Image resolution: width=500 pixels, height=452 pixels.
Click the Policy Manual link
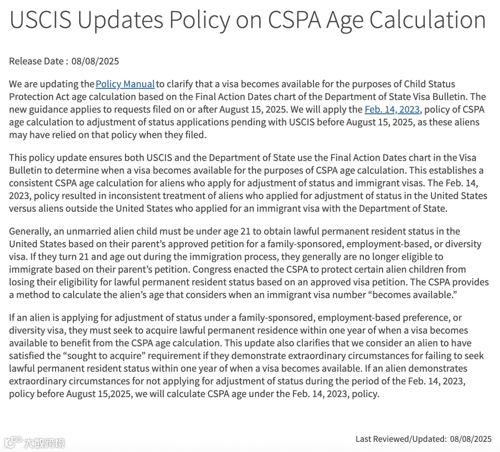pyautogui.click(x=125, y=84)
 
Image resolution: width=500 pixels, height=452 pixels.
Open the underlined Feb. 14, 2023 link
pyautogui.click(x=392, y=110)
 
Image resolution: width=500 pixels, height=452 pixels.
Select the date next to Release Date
pyautogui.click(x=95, y=61)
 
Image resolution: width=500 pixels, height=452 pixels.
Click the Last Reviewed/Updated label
pyautogui.click(x=401, y=439)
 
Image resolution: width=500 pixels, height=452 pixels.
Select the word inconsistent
pyautogui.click(x=130, y=195)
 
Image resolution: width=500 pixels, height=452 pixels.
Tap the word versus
pyautogui.click(x=21, y=208)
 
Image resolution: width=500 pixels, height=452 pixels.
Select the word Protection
pyautogui.click(x=31, y=97)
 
